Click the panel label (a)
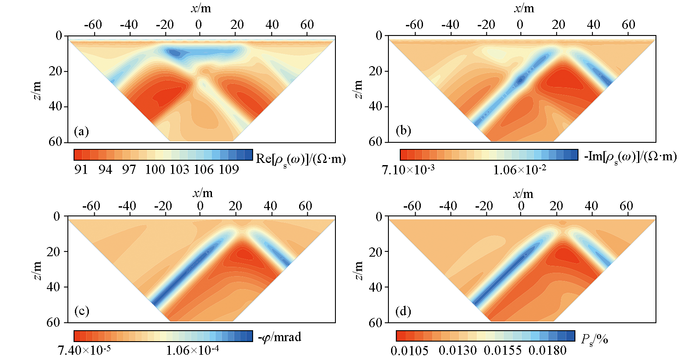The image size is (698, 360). coord(81,131)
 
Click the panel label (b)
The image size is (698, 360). coord(403,131)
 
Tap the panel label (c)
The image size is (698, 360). coord(82,311)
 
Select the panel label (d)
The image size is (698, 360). coord(403,311)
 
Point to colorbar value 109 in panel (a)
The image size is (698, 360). coord(229,169)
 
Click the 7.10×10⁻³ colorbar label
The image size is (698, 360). coord(408,170)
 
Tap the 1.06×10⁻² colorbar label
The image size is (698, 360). coord(519,170)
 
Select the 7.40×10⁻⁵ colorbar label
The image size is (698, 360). coord(84,350)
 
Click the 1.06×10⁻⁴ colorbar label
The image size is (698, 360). coord(192,350)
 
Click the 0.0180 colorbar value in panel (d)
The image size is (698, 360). coord(547,350)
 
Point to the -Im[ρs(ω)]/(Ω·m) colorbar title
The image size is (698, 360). coord(630,157)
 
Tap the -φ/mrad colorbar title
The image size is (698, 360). coord(279,337)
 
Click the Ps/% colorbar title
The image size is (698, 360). coord(594,339)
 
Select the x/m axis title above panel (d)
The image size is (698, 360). coord(523,194)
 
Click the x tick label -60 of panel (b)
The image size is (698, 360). coord(414,25)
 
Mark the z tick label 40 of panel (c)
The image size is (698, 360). coord(53,287)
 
